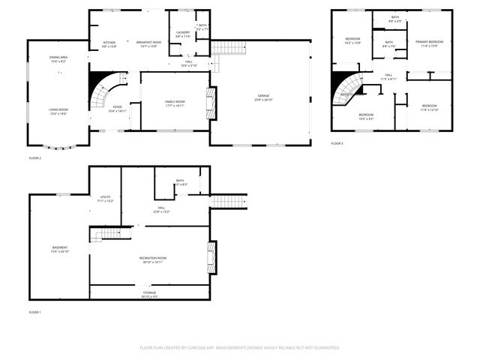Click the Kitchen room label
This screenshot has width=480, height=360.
tap(109, 43)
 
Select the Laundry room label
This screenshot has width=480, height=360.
tap(183, 32)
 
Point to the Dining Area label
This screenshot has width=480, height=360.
tap(58, 57)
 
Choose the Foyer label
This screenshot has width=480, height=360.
tap(118, 107)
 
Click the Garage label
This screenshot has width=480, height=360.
tap(262, 97)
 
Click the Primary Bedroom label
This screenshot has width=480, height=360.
tap(430, 42)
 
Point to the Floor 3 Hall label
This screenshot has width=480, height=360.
tap(388, 75)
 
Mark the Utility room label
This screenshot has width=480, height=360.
tap(105, 198)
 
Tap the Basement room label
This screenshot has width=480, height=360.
tap(60, 248)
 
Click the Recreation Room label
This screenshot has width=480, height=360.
tap(153, 258)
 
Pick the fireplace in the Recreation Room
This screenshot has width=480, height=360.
tap(212, 256)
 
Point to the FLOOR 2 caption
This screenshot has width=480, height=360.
tap(35, 158)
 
